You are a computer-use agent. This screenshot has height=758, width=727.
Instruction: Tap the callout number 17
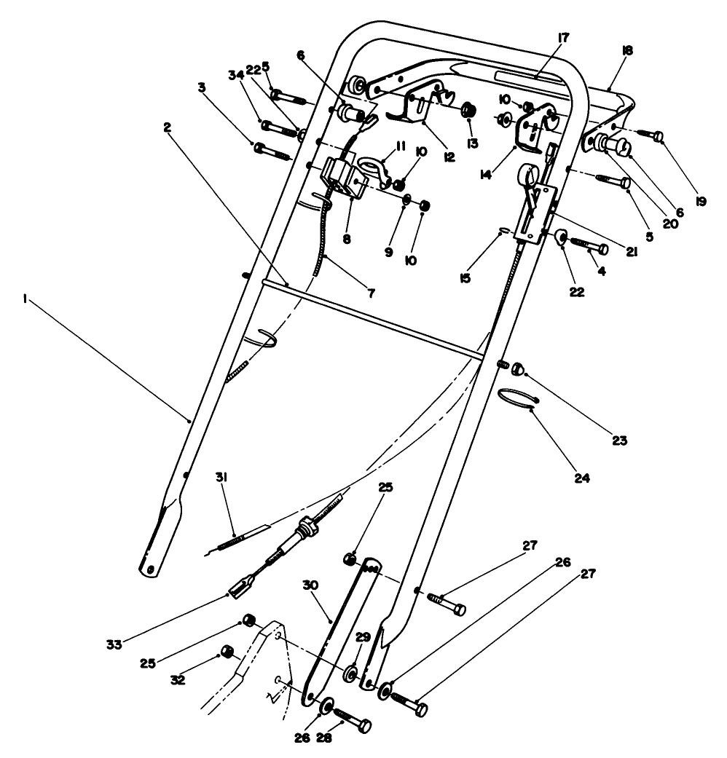point(565,37)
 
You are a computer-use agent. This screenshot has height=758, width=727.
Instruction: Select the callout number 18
point(627,50)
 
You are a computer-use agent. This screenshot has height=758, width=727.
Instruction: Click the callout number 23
point(619,441)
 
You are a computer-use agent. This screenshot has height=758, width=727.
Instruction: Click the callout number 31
point(221,477)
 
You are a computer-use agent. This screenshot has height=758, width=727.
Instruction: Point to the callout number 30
point(310,585)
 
